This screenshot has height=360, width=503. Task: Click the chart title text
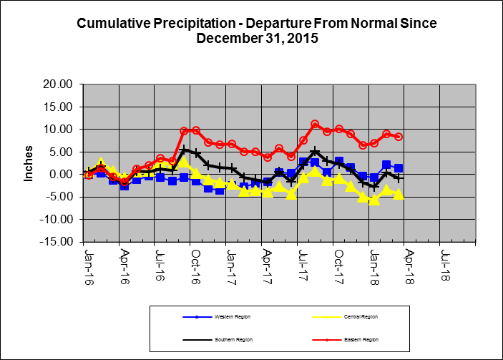point(255,31)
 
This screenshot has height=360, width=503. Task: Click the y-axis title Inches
point(29,164)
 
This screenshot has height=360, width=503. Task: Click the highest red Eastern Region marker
point(315,125)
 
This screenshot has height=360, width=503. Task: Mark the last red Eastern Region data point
point(399,137)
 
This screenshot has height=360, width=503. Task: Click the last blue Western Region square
point(399,168)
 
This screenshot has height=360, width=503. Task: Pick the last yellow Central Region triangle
point(399,194)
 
